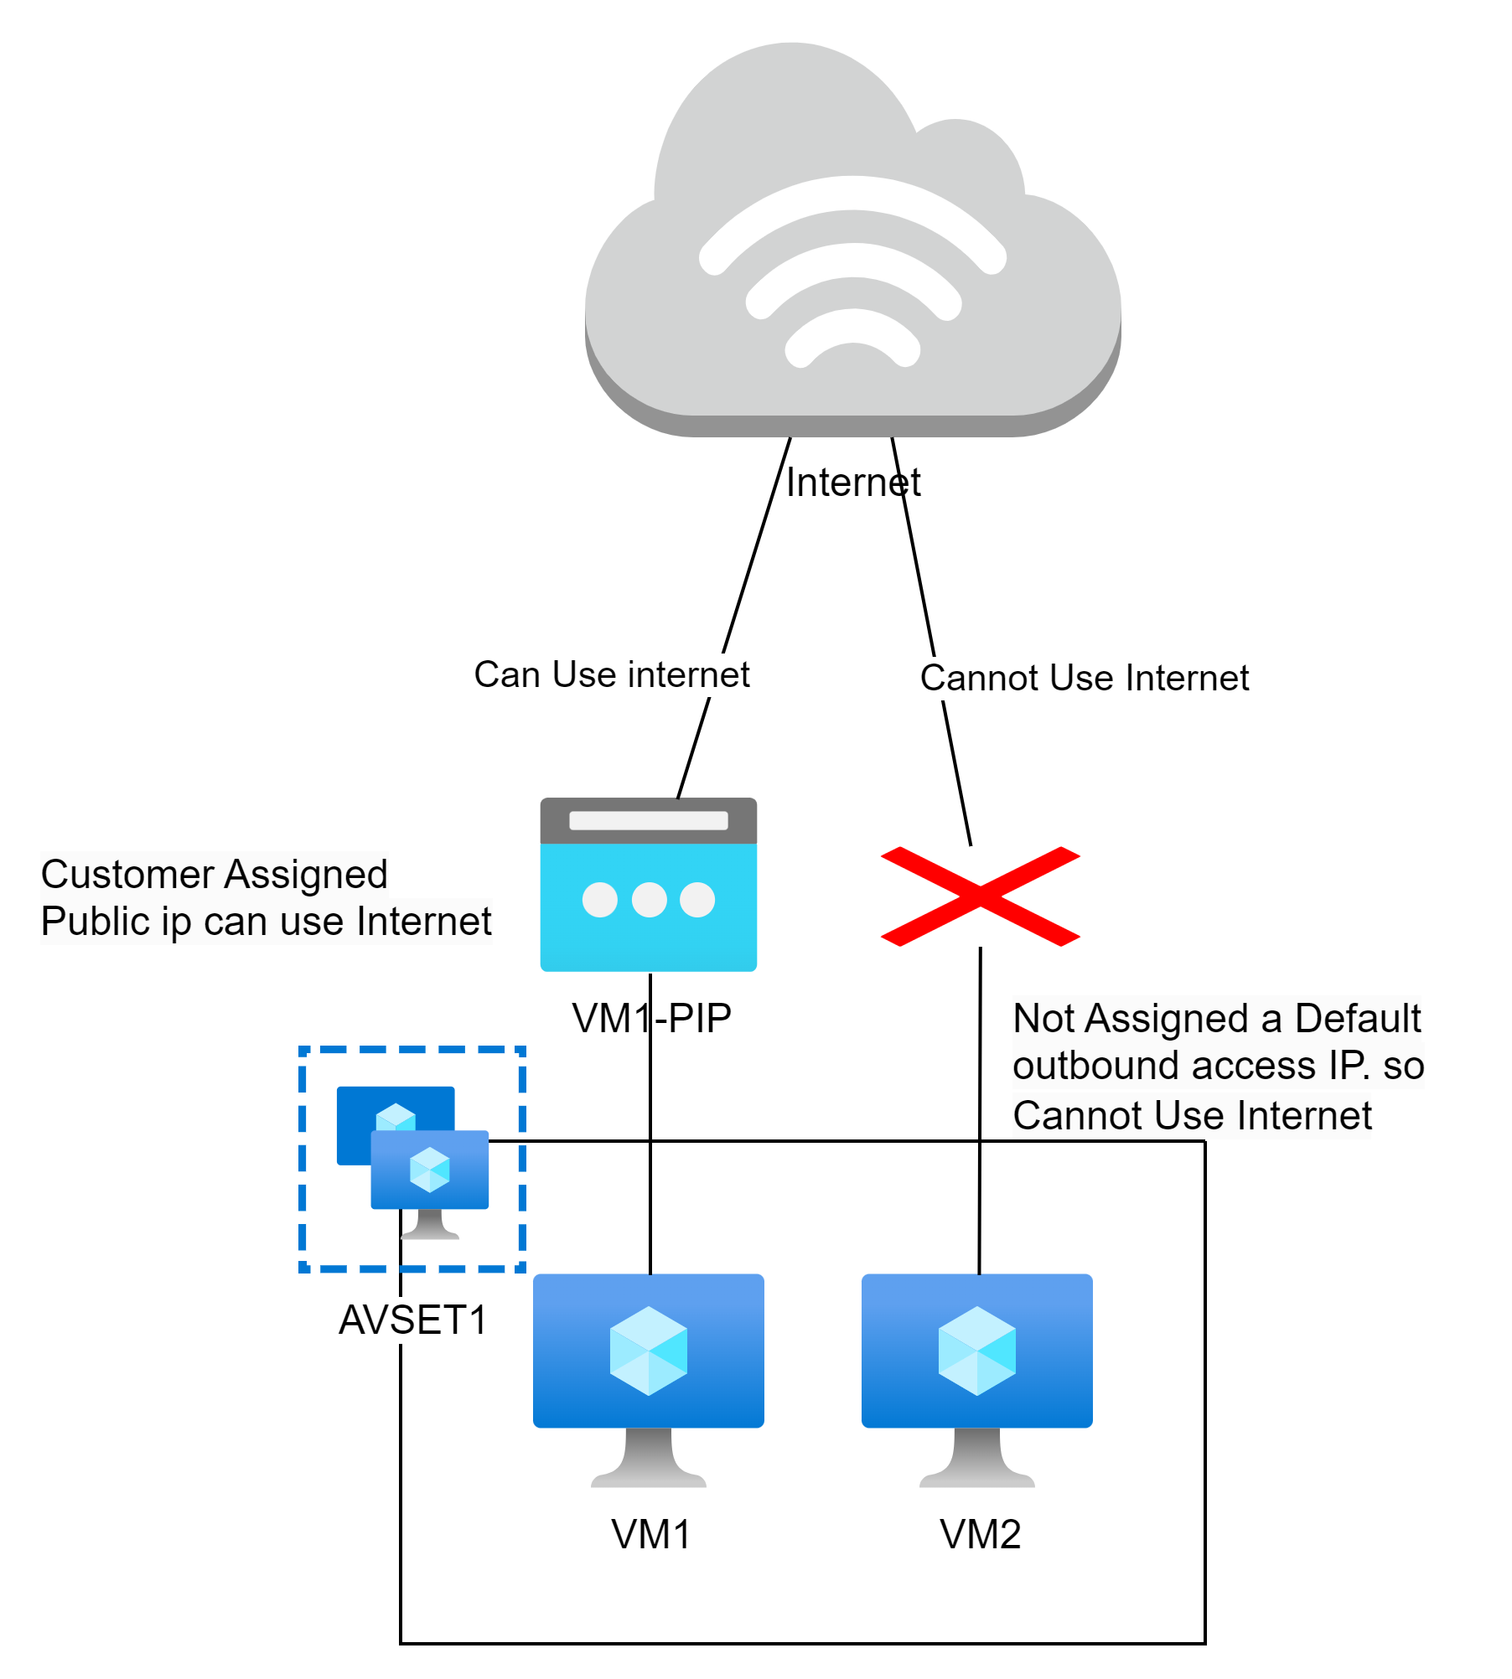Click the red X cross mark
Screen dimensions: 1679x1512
point(980,896)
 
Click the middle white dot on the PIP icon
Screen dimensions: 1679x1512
point(649,900)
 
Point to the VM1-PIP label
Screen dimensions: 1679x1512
point(652,1019)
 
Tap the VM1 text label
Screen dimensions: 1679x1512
point(651,1535)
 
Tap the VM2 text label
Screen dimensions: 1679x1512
point(980,1535)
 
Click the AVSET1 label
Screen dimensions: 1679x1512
point(413,1320)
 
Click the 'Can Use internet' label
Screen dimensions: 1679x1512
point(611,675)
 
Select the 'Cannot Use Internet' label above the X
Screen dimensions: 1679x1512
point(1084,678)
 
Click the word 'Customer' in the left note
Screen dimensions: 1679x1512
point(127,875)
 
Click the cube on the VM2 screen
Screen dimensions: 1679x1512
point(976,1351)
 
